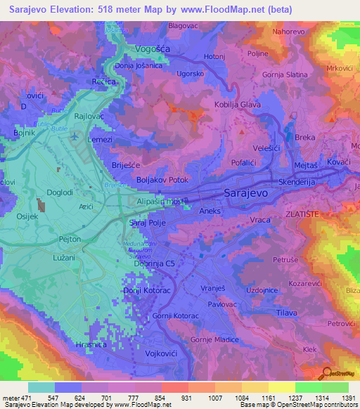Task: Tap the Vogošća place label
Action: pos(154,50)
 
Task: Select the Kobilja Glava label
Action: pos(238,105)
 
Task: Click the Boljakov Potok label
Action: pos(163,180)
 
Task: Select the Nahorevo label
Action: pos(289,32)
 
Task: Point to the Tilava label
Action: pos(285,311)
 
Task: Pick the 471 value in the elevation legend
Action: pos(26,398)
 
